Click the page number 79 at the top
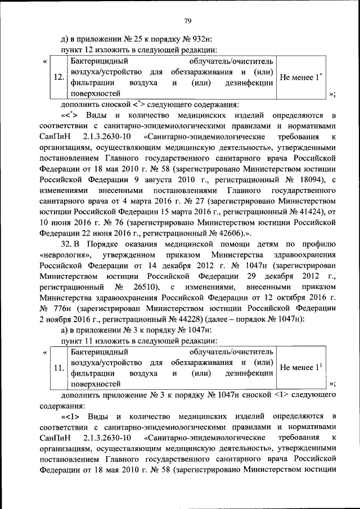coord(188,21)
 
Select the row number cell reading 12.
coord(57,77)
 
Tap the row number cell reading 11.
coord(57,368)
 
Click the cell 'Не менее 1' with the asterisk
coord(301,77)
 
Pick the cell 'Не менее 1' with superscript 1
coord(301,368)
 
